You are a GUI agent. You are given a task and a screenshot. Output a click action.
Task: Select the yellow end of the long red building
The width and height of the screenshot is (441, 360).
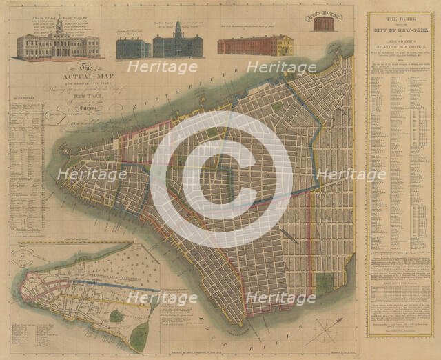(284, 46)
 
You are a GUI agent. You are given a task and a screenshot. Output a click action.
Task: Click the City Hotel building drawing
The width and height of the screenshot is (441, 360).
(324, 23)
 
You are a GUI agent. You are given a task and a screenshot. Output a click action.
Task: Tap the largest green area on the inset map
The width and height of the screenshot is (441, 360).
(140, 337)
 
